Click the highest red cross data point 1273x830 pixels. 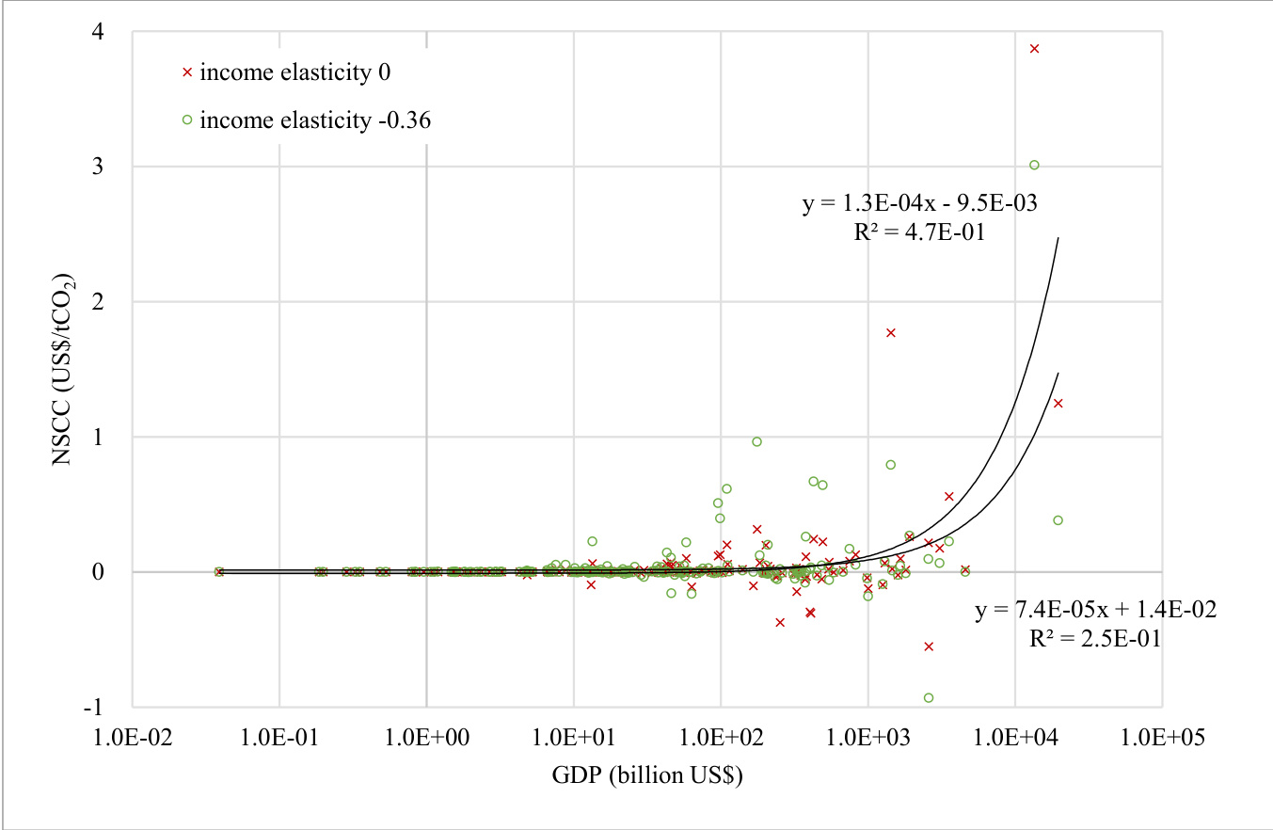tap(1034, 48)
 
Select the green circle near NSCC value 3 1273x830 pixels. tap(1034, 165)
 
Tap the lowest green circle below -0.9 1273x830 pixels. tap(929, 698)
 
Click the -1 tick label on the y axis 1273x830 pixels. tap(106, 707)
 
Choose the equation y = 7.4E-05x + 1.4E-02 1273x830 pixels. tap(1094, 611)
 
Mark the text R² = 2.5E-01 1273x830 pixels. tap(1094, 639)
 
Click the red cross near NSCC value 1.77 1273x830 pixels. tap(890, 332)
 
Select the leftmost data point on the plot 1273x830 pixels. tap(219, 571)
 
